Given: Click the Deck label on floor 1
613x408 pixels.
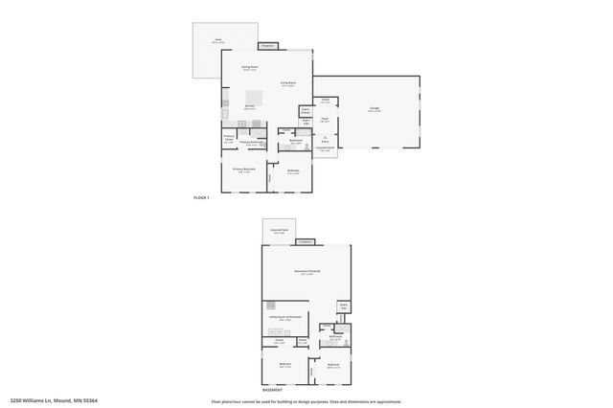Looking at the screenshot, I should pos(217,42).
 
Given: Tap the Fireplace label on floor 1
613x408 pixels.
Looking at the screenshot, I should pos(268,45).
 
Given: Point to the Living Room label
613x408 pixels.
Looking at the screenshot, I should pos(287,83).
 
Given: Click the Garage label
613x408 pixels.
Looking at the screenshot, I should pos(374,109).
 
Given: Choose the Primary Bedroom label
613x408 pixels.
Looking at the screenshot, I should pos(244,169).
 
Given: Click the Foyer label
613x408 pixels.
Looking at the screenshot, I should pos(325,120).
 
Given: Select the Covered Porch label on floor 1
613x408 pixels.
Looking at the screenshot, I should pos(325,148).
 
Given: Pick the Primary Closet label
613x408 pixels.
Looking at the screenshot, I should pos(229,137).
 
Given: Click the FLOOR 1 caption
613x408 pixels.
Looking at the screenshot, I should pos(201,197).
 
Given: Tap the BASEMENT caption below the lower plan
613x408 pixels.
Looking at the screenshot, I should pos(273,390).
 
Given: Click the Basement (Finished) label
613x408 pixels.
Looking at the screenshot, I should pos(306,272).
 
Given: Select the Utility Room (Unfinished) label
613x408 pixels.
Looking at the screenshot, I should pos(290,318).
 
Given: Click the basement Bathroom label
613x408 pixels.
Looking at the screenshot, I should pos(336,337).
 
